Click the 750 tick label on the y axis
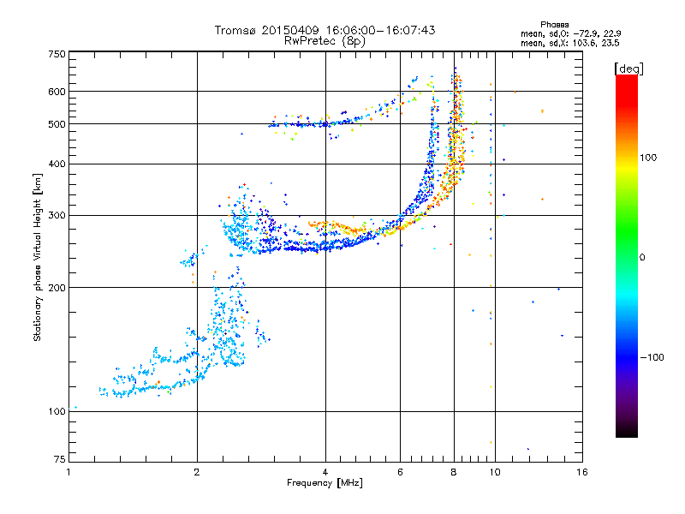(x=57, y=54)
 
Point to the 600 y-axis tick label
(x=57, y=92)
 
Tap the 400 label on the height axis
(x=57, y=164)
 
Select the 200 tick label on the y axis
(x=57, y=288)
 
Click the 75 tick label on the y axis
(x=60, y=459)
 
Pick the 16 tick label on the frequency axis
(x=582, y=472)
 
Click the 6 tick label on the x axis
(x=400, y=472)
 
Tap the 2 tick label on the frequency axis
(x=197, y=472)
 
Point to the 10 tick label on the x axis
(x=495, y=472)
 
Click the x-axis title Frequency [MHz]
(x=325, y=483)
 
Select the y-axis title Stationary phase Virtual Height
(x=38, y=258)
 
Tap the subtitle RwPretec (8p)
(x=325, y=41)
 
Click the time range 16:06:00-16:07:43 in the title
(x=380, y=30)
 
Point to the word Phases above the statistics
(x=554, y=25)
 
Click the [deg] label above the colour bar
(x=628, y=69)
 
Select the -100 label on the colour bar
(x=652, y=357)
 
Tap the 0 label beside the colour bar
(x=642, y=257)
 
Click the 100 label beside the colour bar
(x=648, y=158)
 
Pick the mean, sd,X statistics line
(x=569, y=44)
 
